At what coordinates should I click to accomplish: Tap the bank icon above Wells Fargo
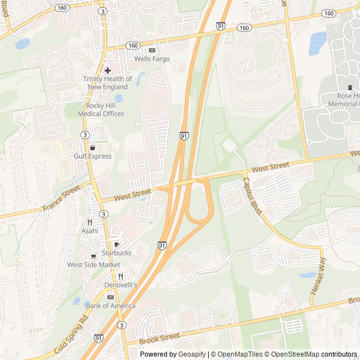pyautogui.click(x=151, y=50)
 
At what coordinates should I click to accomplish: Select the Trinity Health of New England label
pyautogui.click(x=107, y=83)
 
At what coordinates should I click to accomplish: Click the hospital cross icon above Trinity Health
pyautogui.click(x=107, y=70)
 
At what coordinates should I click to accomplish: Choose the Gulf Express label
pyautogui.click(x=93, y=156)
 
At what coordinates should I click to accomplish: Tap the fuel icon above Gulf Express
pyautogui.click(x=93, y=148)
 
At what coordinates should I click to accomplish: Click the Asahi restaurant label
pyautogui.click(x=89, y=231)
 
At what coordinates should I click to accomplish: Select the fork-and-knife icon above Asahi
pyautogui.click(x=89, y=222)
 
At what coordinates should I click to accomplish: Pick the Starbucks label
pyautogui.click(x=116, y=253)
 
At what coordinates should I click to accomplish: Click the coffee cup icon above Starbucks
pyautogui.click(x=116, y=245)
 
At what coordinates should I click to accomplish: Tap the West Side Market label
pyautogui.click(x=94, y=265)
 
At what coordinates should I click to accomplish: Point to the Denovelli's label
pyautogui.click(x=120, y=285)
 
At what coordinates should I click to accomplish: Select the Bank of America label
pyautogui.click(x=111, y=306)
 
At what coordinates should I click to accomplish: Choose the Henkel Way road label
pyautogui.click(x=318, y=276)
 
